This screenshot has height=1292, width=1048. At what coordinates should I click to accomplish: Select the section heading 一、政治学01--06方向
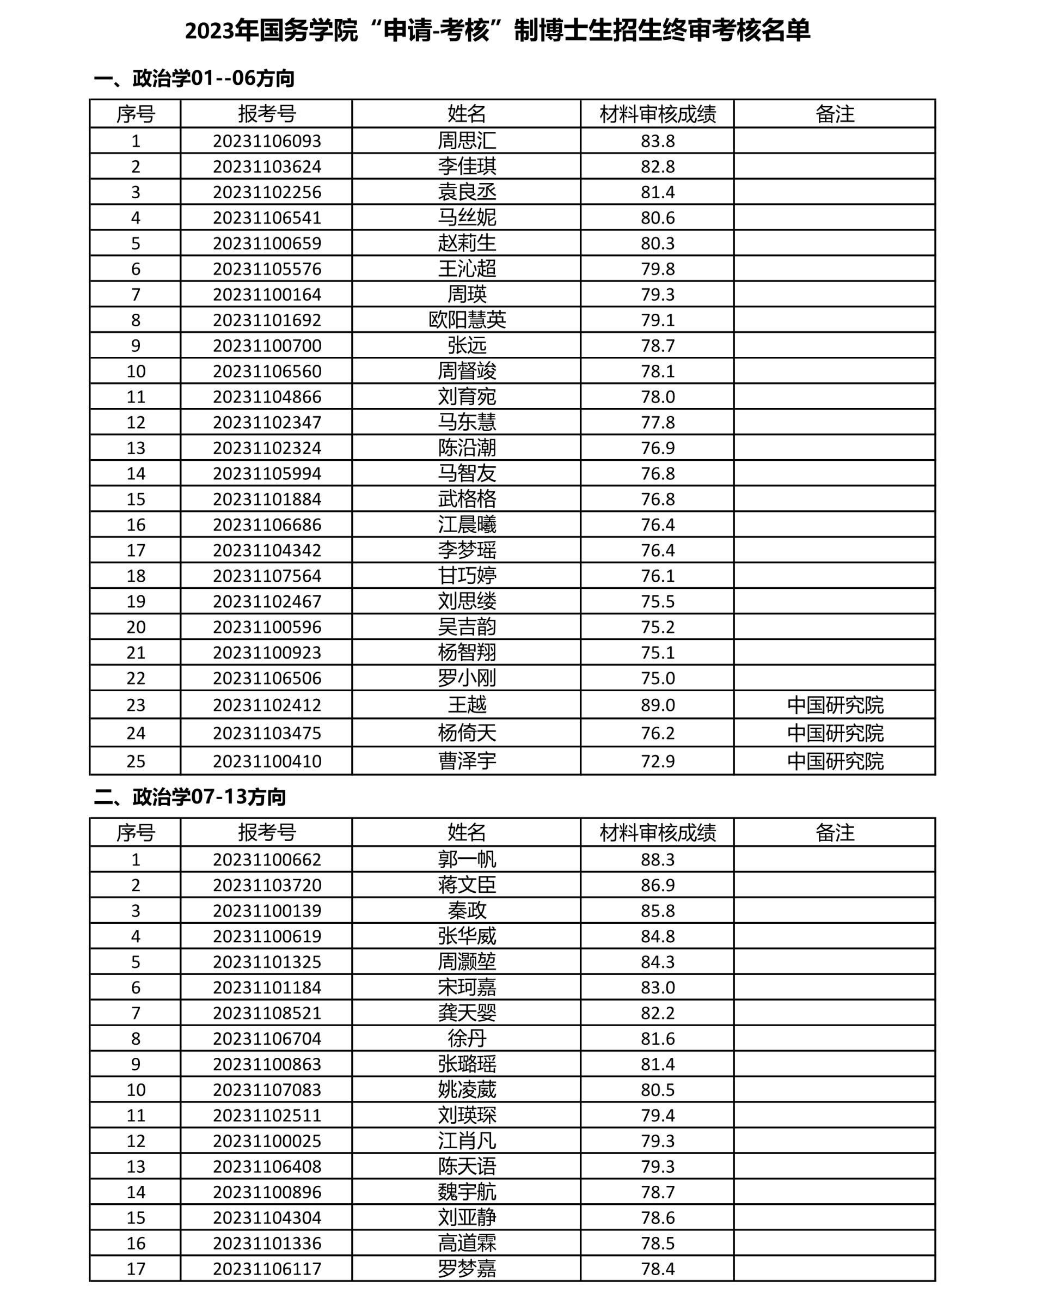click(x=194, y=78)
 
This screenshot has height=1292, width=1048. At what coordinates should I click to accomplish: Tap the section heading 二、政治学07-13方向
click(x=189, y=797)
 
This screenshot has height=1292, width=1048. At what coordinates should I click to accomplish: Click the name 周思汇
click(x=467, y=141)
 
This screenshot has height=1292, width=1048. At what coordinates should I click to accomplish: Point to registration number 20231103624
click(x=267, y=167)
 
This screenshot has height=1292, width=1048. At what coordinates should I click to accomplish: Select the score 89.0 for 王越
click(x=658, y=705)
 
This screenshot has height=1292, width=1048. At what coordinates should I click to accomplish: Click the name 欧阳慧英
click(x=467, y=320)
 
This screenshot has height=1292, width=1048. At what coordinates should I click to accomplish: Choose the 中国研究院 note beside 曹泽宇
click(x=835, y=761)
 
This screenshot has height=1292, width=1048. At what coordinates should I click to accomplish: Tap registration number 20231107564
click(x=267, y=576)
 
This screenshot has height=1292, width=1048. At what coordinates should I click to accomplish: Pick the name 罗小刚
click(x=467, y=678)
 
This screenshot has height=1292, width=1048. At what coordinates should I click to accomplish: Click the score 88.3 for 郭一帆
click(x=658, y=859)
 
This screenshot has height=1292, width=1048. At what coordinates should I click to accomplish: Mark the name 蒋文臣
click(x=467, y=885)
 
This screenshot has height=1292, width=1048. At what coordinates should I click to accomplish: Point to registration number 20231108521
click(x=267, y=1013)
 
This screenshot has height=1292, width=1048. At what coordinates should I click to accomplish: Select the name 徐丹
click(x=467, y=1038)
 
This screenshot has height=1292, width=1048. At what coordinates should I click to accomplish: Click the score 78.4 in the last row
click(x=658, y=1269)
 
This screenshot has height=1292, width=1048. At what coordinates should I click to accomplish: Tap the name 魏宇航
click(x=467, y=1192)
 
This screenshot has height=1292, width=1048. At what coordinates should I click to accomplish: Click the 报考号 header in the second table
click(x=267, y=832)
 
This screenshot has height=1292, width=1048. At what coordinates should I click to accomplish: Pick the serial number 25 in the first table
click(x=136, y=761)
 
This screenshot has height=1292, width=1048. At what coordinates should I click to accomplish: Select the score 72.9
click(x=658, y=761)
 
